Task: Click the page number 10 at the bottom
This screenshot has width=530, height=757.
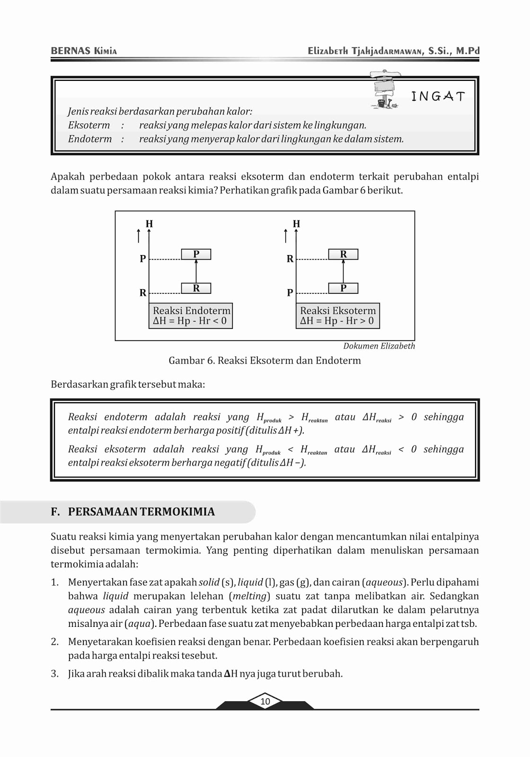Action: (x=265, y=701)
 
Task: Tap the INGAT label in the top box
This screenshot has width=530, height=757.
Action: (x=438, y=97)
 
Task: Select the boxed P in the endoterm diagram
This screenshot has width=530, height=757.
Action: (x=196, y=255)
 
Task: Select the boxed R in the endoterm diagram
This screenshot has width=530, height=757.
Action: (x=196, y=288)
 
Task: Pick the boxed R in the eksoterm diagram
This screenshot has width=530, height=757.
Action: (x=343, y=255)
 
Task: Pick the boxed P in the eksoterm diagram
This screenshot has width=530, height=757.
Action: (x=343, y=288)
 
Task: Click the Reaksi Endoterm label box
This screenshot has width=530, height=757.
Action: (x=191, y=316)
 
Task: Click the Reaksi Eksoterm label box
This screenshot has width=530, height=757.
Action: (x=338, y=316)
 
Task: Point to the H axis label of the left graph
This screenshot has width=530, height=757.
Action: (x=150, y=224)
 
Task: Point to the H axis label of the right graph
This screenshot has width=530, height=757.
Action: (x=297, y=224)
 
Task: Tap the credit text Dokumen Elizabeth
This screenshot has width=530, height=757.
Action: (x=379, y=346)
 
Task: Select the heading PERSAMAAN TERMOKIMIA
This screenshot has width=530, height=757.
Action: (x=141, y=511)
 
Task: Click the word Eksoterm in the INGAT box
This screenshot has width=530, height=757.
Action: (x=89, y=125)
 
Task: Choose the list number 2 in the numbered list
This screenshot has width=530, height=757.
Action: (x=55, y=642)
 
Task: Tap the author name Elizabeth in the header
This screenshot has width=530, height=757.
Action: (x=327, y=51)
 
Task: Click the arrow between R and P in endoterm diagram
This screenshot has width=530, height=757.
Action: (x=196, y=271)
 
